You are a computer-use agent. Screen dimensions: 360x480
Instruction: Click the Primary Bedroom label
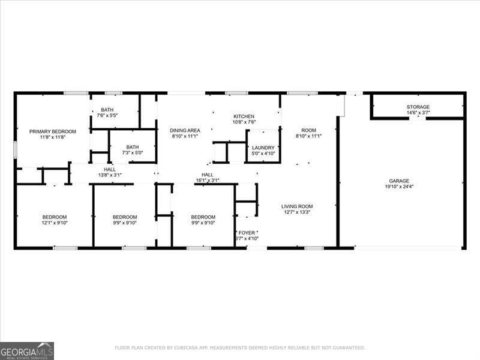pos(53,131)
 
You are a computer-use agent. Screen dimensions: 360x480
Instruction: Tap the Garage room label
pos(398,180)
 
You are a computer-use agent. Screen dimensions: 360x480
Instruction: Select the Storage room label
pos(418,107)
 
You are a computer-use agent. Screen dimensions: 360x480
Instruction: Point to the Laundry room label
pos(263,148)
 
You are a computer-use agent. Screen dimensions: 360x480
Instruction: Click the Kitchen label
pos(244,116)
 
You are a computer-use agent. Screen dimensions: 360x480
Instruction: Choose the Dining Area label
pos(185,130)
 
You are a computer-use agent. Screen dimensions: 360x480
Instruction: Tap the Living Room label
pos(297,206)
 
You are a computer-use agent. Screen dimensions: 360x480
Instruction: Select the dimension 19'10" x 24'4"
pos(398,186)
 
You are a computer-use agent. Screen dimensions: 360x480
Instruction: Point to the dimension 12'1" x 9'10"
pos(54,223)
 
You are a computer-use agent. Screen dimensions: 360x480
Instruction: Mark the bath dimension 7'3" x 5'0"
pos(132,153)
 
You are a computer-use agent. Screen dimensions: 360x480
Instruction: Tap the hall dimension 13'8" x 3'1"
pos(110,175)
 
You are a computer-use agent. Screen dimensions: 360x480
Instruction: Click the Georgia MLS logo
pos(27,350)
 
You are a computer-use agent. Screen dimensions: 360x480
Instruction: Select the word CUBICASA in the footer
pos(187,347)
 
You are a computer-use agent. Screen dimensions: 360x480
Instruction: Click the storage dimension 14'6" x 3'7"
pos(418,113)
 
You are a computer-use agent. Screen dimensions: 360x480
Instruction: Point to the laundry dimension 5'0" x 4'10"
pos(263,154)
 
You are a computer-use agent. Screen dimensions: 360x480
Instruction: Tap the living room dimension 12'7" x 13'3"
pos(297,212)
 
